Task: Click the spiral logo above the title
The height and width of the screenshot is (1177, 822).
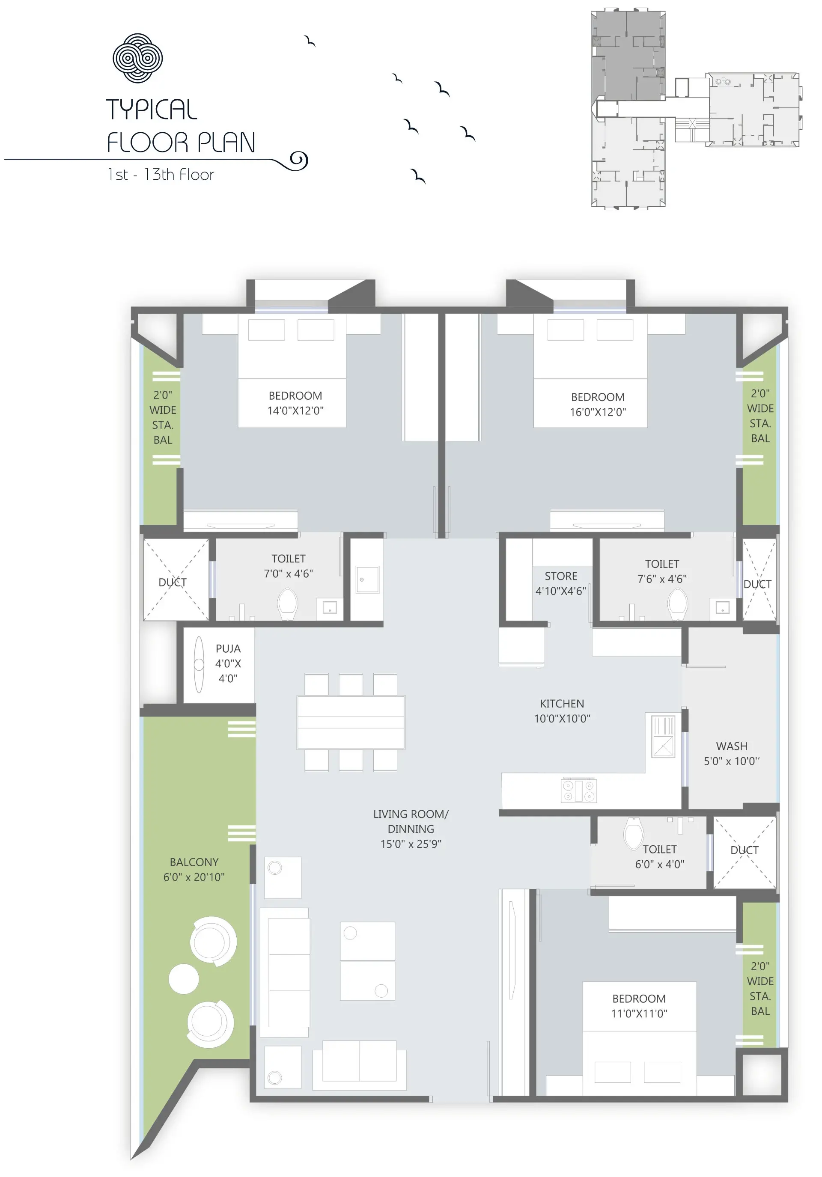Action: pos(137,58)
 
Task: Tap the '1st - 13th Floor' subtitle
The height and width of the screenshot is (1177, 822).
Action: pos(161,175)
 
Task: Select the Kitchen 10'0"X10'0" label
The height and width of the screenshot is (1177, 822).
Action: pos(562,711)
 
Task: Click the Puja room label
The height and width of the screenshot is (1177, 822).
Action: pos(228,663)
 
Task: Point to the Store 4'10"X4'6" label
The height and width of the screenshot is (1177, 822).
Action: pos(560,583)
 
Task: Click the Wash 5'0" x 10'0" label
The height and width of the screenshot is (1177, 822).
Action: pos(732,754)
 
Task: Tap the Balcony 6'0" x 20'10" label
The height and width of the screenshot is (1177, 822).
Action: pos(194,869)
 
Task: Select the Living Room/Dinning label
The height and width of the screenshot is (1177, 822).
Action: pos(411,829)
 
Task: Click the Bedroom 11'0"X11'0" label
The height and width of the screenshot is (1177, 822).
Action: pos(639,1006)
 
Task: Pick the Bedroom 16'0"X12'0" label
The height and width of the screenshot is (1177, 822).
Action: pos(598,404)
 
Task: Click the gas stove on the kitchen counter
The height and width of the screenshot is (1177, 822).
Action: pos(578,790)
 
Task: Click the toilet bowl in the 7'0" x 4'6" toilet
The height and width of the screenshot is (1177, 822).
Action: pos(287,604)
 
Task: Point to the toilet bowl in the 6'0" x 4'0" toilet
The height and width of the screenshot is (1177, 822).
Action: pos(634,834)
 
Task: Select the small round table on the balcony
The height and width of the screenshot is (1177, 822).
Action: pos(184,978)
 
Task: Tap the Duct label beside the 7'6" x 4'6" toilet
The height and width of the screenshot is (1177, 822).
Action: pos(757,584)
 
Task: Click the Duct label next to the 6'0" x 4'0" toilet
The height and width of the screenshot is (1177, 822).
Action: pos(744,850)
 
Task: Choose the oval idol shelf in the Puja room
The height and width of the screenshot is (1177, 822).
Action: pos(199,664)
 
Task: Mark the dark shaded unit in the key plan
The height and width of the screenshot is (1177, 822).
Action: pos(628,55)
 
